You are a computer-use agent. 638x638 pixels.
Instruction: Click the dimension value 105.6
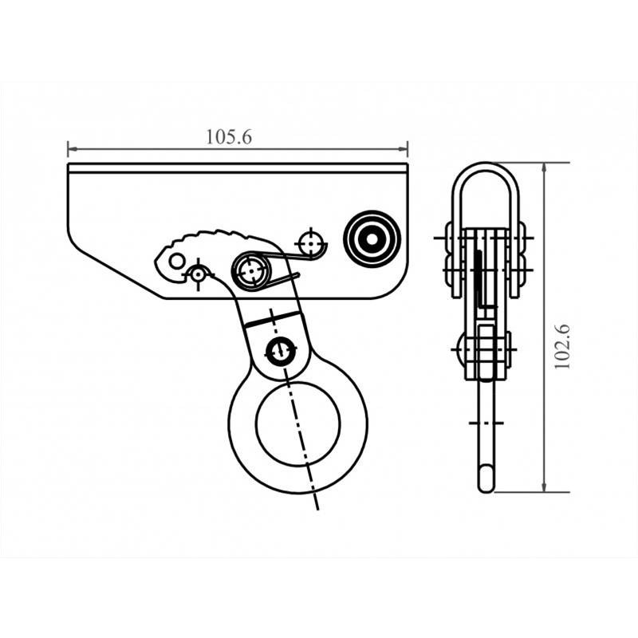pos(229,136)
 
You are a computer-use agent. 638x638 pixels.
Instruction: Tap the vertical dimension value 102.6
pos(564,345)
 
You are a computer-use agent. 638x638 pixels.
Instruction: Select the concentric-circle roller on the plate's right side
pos(371,237)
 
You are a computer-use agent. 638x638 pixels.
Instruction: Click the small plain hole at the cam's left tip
pos(176,260)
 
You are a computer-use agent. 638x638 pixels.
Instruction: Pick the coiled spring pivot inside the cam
pos(251,271)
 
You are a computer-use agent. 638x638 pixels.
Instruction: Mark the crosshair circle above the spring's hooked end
pos(309,242)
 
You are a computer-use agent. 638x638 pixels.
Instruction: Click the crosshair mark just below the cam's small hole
pos(197,274)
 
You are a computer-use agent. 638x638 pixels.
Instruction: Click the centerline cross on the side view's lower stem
pos(486,421)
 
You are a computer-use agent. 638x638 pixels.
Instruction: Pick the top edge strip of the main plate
pos(238,167)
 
